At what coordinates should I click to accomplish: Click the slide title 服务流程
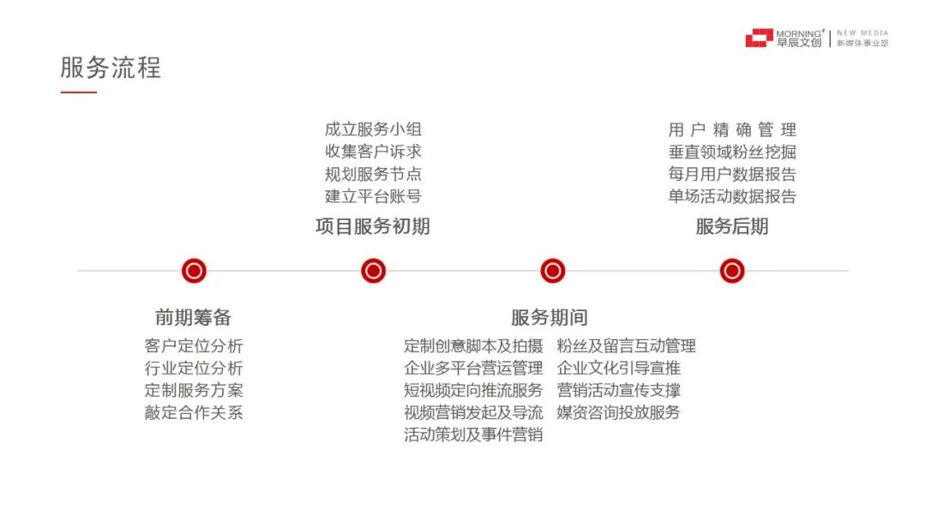pyautogui.click(x=111, y=68)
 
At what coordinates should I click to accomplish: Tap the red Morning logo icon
pyautogui.click(x=759, y=38)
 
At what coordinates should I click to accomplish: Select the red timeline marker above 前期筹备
pyautogui.click(x=194, y=272)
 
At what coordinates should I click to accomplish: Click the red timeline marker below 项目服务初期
pyautogui.click(x=373, y=272)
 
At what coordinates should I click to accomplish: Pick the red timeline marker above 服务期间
pyautogui.click(x=552, y=272)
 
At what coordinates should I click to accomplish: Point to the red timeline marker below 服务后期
pyautogui.click(x=731, y=272)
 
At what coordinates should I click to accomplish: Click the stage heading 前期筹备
pyautogui.click(x=193, y=318)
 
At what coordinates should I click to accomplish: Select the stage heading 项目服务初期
pyautogui.click(x=373, y=226)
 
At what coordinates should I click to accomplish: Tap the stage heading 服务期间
pyautogui.click(x=550, y=318)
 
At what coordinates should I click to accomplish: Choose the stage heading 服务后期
pyautogui.click(x=731, y=226)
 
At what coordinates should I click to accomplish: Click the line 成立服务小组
pyautogui.click(x=373, y=129)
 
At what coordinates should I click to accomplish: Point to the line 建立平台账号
pyautogui.click(x=373, y=196)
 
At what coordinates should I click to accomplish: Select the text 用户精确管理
pyautogui.click(x=732, y=129)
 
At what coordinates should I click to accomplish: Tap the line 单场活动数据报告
pyautogui.click(x=732, y=196)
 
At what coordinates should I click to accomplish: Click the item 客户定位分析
pyautogui.click(x=194, y=346)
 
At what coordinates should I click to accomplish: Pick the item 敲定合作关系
pyautogui.click(x=194, y=413)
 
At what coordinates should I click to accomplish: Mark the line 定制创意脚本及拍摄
pyautogui.click(x=473, y=346)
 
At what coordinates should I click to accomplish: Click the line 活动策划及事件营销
pyautogui.click(x=473, y=435)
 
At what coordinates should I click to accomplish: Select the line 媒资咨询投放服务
pyautogui.click(x=618, y=413)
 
